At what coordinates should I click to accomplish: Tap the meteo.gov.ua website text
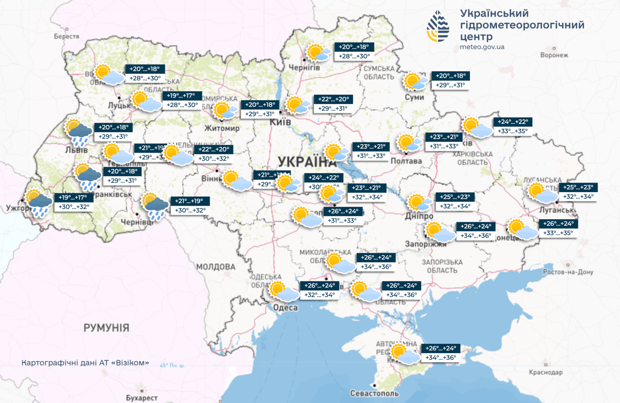point(482,47)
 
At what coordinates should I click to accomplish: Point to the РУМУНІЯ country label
point(106,328)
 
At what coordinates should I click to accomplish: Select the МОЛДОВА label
point(216,267)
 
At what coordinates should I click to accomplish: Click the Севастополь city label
point(374,394)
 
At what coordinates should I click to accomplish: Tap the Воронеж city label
point(554,55)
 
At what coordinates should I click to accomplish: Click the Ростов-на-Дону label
point(568,272)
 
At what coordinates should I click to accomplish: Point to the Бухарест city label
point(142,398)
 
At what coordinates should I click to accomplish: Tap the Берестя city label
point(66,37)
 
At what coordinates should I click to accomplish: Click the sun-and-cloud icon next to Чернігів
point(319,53)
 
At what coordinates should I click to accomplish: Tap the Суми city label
point(415,98)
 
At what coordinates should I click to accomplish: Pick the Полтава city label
point(406,161)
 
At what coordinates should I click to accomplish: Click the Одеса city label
point(286,308)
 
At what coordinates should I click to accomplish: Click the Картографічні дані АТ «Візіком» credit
point(86,363)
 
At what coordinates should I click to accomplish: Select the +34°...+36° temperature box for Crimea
point(440,358)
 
